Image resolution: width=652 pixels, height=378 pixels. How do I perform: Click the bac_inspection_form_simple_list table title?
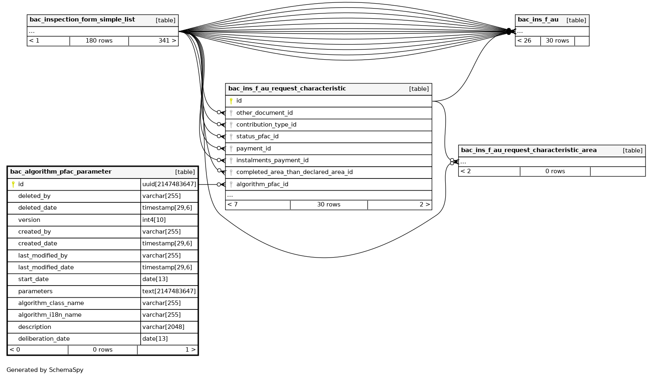tap(82, 20)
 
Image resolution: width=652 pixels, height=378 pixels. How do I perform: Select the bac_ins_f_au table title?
tap(538, 20)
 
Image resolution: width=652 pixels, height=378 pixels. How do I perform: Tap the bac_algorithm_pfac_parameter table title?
tap(61, 172)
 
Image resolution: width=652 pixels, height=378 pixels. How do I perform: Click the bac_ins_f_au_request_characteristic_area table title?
tap(529, 150)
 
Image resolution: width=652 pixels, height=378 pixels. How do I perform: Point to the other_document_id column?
tap(264, 113)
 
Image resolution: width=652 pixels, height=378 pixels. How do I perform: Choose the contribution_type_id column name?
tap(266, 125)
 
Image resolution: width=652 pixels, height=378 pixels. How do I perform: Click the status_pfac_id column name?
tap(257, 137)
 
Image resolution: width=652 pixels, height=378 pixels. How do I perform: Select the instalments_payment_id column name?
tap(272, 161)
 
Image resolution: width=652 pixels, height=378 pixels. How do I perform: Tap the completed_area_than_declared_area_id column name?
tap(294, 172)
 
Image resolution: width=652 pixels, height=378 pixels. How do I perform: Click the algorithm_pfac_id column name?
tap(262, 185)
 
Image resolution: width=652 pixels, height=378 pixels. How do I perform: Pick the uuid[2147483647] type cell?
tap(169, 185)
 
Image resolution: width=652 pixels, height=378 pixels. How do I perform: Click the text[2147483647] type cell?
tap(169, 292)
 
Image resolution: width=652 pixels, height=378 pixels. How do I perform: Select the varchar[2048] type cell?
tap(163, 327)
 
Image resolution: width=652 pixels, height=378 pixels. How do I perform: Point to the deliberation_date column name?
tap(44, 339)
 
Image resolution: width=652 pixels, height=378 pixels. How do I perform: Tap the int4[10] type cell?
tap(154, 220)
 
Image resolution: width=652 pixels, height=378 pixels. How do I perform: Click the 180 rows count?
tap(99, 41)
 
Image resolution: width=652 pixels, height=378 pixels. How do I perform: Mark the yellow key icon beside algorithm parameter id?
tap(13, 185)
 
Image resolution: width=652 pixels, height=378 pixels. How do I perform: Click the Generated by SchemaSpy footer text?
tap(45, 370)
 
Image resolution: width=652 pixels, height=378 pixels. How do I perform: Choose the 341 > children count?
tap(167, 41)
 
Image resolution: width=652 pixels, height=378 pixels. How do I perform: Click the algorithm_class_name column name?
tap(51, 303)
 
